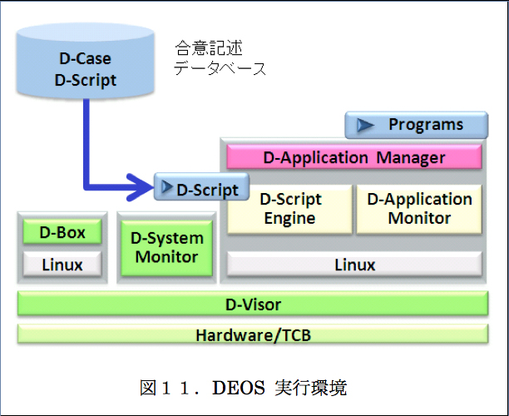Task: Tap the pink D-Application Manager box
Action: [353, 157]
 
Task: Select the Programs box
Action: [417, 126]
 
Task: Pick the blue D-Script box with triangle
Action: [201, 189]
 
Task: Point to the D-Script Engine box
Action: [290, 209]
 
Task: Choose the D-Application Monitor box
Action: [419, 209]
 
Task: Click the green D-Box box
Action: [62, 232]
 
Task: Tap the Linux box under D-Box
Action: [62, 265]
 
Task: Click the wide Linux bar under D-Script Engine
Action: [354, 265]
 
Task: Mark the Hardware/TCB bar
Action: [251, 336]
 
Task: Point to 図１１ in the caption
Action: [170, 387]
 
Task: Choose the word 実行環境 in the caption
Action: [316, 387]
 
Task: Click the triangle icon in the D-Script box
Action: [166, 189]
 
